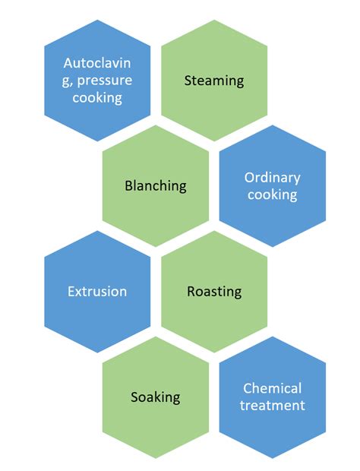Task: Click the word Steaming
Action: [213, 80]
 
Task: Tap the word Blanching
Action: [155, 185]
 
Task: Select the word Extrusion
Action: [97, 291]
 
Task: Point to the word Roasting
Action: [213, 291]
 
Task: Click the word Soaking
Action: [155, 397]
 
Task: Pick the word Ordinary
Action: [272, 178]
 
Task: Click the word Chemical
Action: [272, 388]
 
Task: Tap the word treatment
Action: [272, 405]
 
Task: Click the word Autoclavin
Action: [97, 63]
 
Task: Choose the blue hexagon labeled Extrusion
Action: [97, 319]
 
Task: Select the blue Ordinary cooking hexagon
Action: [272, 217]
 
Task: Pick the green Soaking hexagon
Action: [155, 425]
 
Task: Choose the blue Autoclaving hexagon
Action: [97, 114]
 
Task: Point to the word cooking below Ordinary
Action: [272, 194]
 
